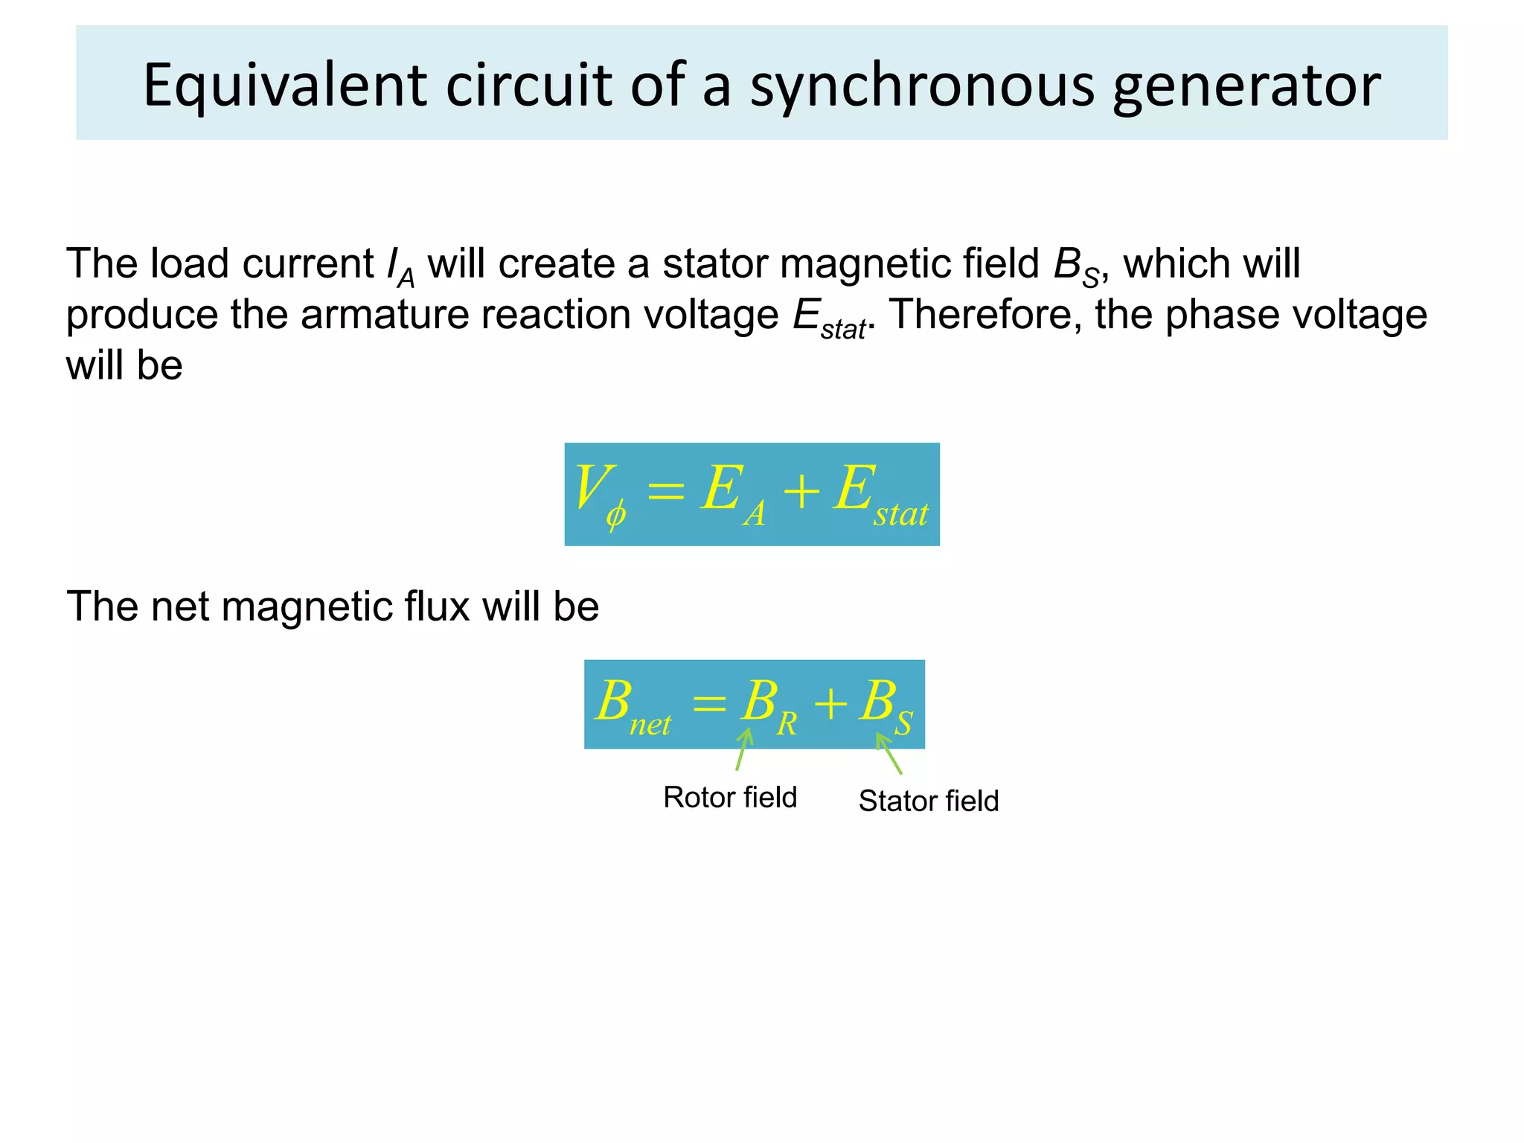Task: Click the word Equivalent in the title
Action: click(285, 86)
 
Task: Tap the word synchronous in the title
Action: click(922, 86)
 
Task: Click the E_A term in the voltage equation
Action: click(733, 494)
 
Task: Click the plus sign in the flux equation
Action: click(830, 703)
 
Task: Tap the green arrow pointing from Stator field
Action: click(889, 753)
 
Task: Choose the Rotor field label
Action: click(730, 797)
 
